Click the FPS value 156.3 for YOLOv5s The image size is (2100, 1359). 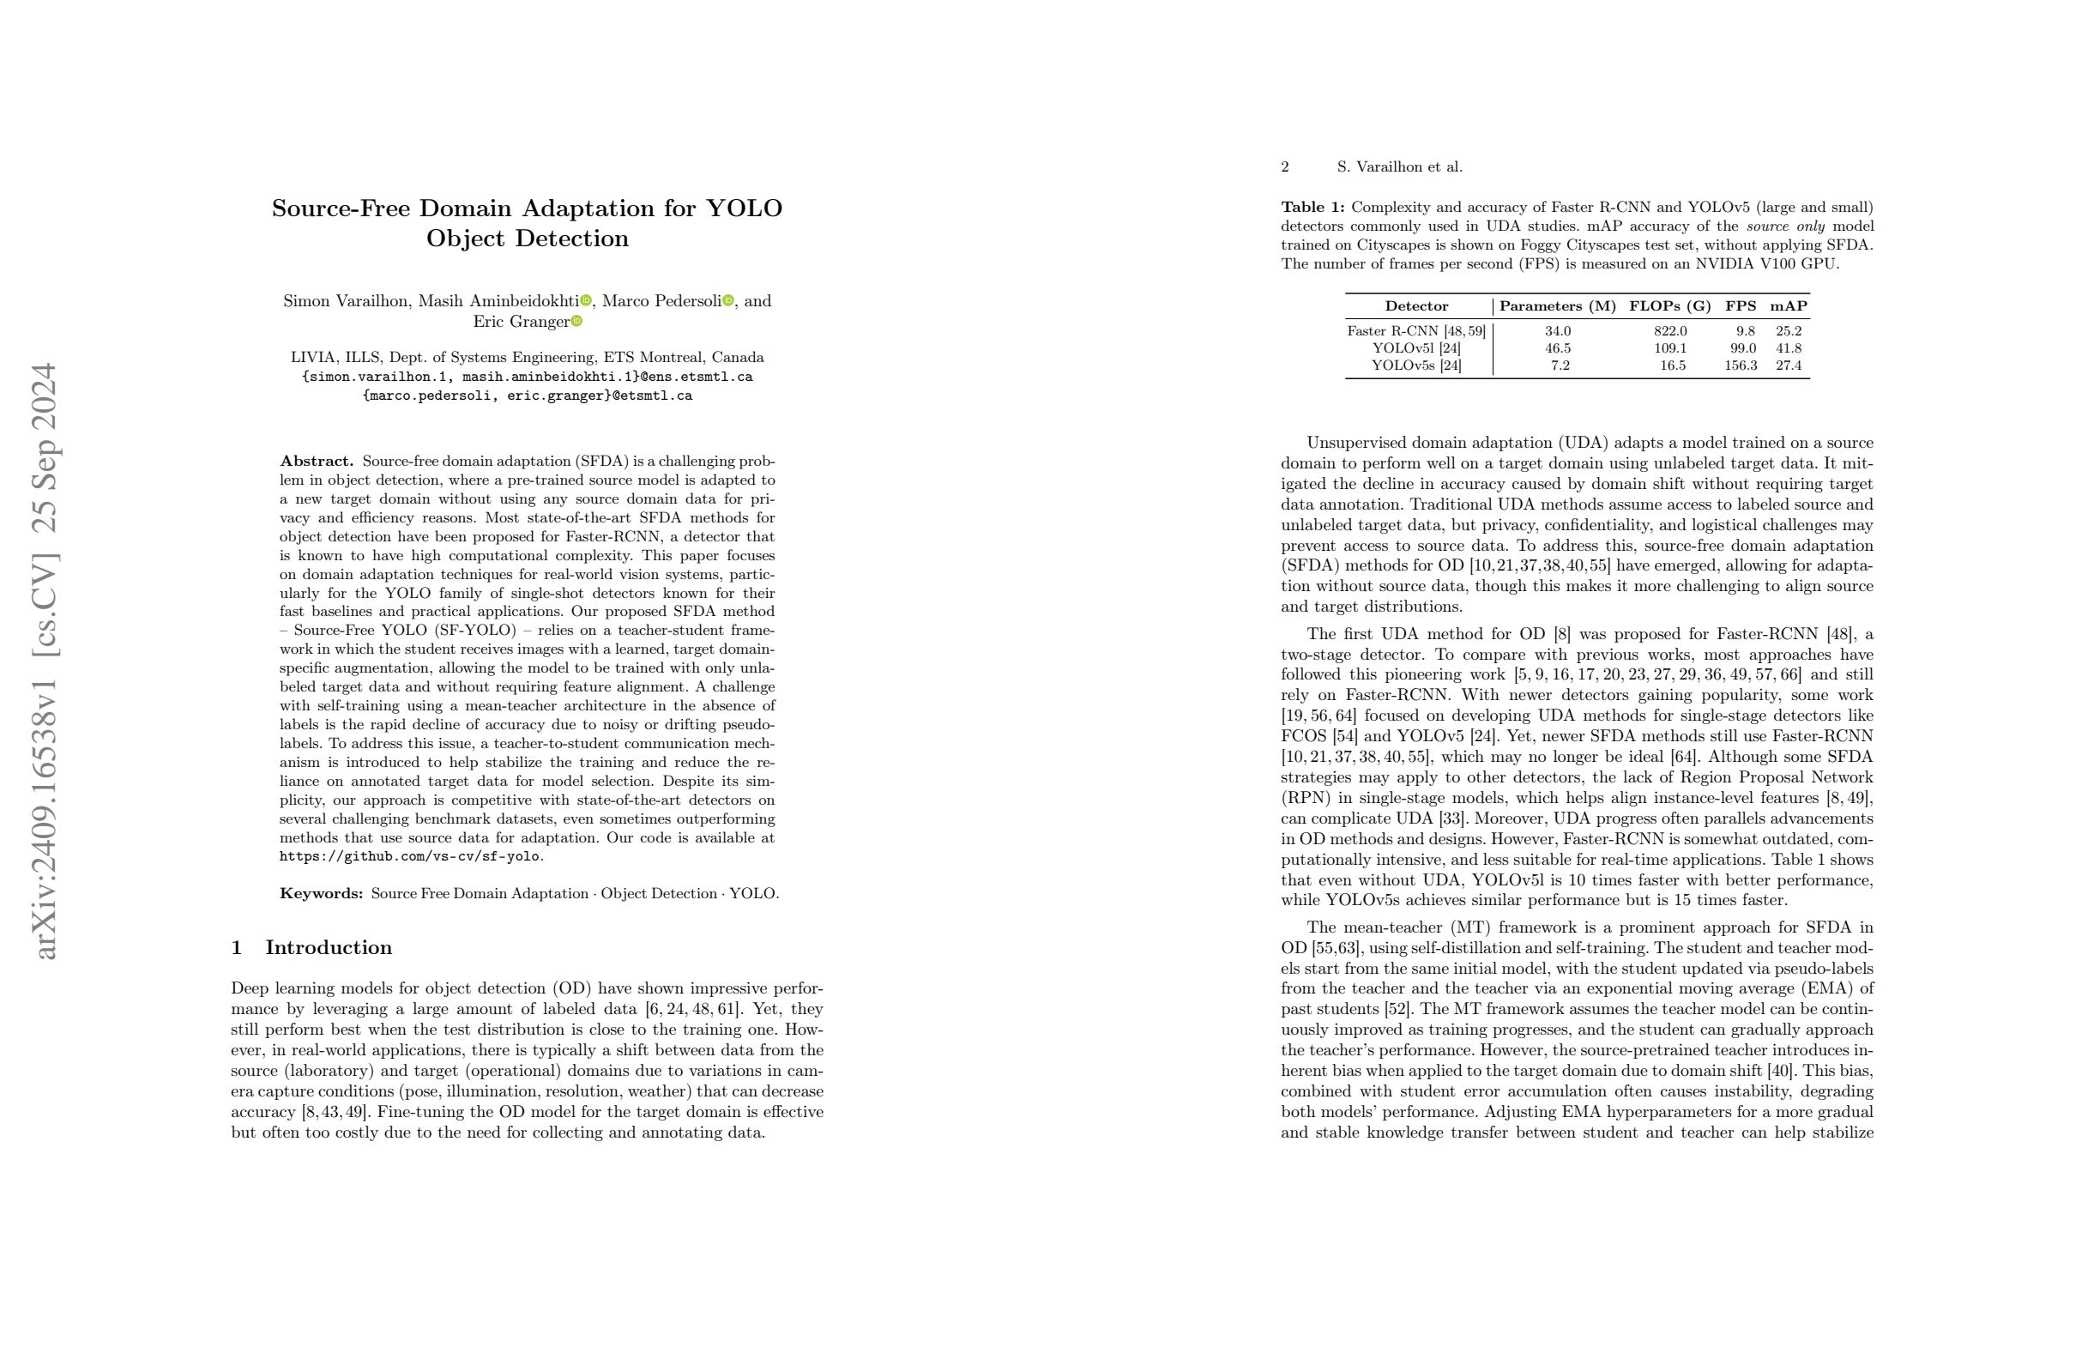point(1740,365)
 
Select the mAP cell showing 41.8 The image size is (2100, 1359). point(1789,348)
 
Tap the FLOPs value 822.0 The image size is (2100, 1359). point(1670,331)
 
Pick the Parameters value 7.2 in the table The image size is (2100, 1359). point(1560,365)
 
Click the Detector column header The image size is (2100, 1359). point(1416,306)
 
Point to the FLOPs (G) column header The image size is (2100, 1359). point(1669,306)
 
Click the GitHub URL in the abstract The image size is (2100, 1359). point(410,857)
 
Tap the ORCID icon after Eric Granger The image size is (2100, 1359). point(577,321)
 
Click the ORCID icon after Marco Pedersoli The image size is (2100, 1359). point(728,301)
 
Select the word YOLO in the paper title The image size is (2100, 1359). point(744,208)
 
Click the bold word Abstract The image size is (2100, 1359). point(316,462)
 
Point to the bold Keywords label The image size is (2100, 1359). point(321,894)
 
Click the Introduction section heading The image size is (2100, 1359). point(329,948)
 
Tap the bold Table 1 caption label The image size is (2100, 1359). point(1312,208)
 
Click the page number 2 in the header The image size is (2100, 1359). point(1285,166)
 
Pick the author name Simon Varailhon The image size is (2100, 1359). point(346,301)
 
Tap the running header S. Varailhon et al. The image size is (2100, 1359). point(1399,166)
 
